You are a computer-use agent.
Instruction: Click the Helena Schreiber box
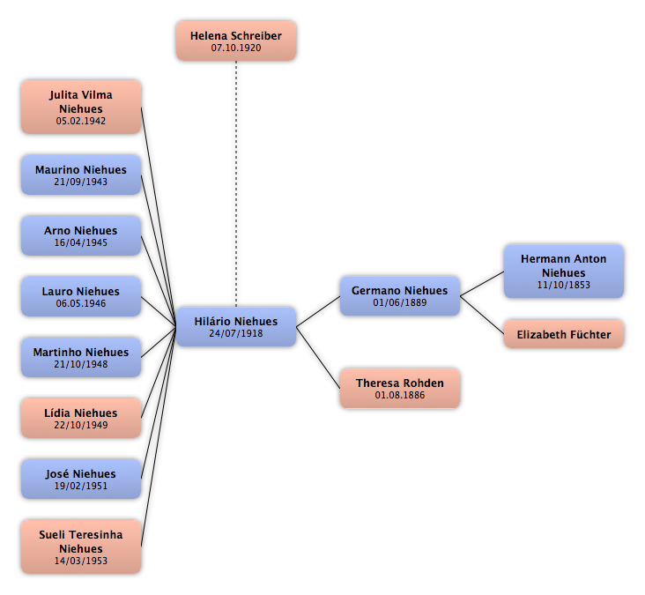pos(236,41)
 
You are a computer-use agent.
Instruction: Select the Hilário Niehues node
pos(236,327)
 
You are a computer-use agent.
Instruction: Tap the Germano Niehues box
pos(400,296)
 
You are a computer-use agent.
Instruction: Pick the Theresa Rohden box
pos(400,389)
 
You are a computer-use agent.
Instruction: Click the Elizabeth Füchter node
pos(564,334)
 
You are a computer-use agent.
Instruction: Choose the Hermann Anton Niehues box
pos(564,271)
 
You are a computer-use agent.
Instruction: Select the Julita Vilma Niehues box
pos(81,107)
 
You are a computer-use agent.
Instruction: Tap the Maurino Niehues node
pos(81,175)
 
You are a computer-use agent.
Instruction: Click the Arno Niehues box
pos(81,235)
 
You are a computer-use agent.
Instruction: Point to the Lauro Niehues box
pos(81,297)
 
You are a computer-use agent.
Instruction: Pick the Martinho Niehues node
pos(81,358)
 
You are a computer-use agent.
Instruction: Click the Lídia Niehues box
pos(81,418)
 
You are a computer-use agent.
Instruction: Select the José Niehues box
pos(81,479)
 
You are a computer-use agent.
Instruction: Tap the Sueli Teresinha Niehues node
pos(81,547)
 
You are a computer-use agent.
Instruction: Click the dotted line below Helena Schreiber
pos(236,184)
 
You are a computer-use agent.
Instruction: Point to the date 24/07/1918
pos(236,333)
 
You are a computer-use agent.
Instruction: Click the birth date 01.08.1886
pos(400,395)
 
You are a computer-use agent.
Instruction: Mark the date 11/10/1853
pos(564,285)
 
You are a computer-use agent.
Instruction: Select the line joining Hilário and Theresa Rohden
pos(318,358)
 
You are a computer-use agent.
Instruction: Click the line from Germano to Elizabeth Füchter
pos(482,315)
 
